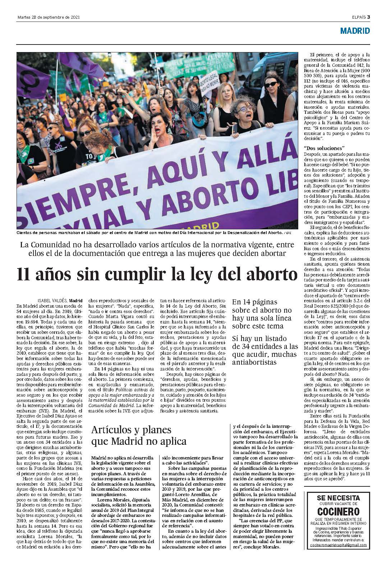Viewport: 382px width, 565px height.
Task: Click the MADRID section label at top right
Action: pos(355,31)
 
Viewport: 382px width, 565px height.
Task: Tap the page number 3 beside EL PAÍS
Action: pos(368,17)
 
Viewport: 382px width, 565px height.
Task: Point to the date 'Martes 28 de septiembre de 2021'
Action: pos(48,17)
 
